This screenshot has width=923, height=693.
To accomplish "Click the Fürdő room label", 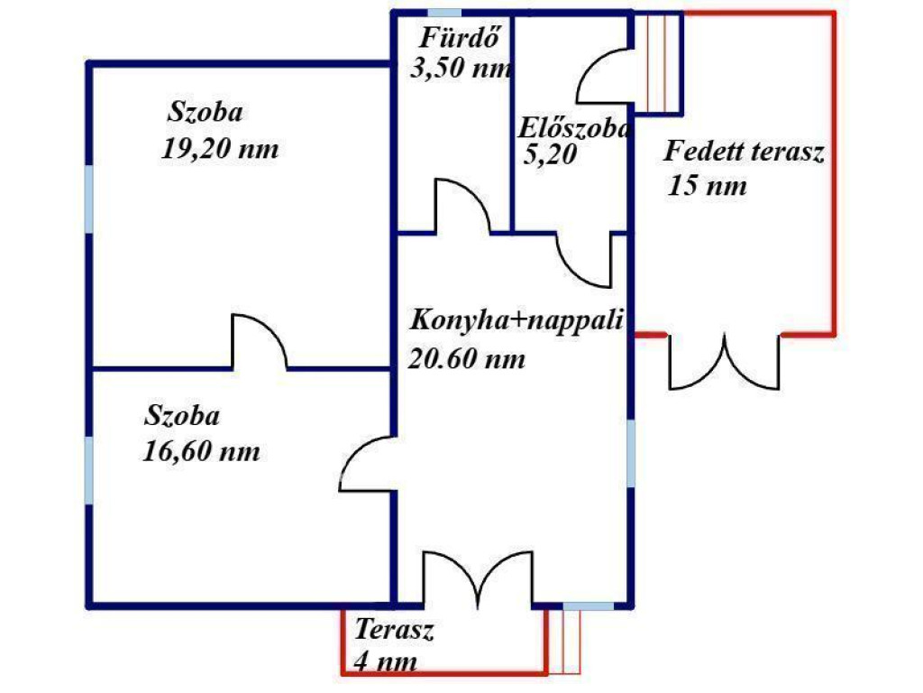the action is point(460,38).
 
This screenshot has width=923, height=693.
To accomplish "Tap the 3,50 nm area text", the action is point(461,69).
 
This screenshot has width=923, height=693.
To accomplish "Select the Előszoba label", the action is point(574,128).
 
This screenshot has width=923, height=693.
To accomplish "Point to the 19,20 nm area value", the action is point(220,149).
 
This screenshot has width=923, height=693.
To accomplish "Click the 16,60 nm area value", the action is point(201,451).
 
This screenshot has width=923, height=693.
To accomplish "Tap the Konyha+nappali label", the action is point(516,321).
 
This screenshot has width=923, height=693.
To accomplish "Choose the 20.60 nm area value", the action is point(467,358).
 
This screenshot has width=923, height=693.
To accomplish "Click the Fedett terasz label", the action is point(744,152).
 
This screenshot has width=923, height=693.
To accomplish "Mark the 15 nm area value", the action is point(707,186).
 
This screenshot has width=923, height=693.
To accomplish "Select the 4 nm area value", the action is point(386,661).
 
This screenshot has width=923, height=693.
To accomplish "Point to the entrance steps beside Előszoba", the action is point(658,62).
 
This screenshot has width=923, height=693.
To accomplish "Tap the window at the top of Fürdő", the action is point(443,13).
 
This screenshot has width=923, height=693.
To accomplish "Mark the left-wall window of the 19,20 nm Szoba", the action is point(89,199).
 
